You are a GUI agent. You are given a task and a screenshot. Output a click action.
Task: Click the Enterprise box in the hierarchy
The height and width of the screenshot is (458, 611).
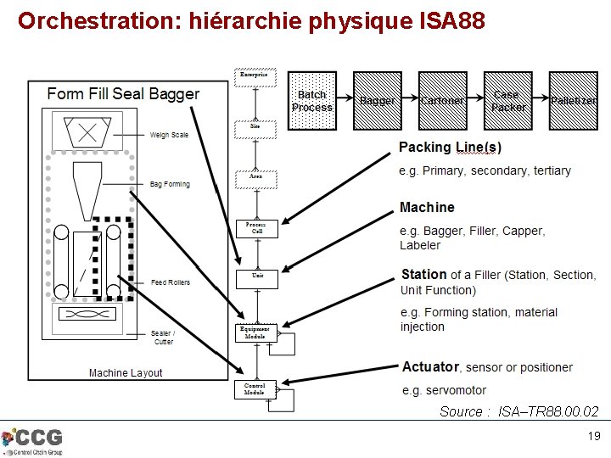click(x=254, y=76)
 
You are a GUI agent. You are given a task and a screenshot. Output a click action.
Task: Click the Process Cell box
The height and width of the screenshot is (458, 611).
click(x=255, y=229)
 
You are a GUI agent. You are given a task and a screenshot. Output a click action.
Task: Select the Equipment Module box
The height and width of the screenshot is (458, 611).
click(x=255, y=332)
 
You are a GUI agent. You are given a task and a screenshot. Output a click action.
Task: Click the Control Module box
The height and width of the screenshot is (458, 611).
click(x=255, y=388)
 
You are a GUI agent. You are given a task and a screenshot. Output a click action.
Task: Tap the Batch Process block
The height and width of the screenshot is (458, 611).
click(x=312, y=101)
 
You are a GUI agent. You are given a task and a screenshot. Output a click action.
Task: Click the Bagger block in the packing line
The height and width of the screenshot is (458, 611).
click(x=378, y=101)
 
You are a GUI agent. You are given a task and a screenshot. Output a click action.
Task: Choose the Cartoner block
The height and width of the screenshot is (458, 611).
click(x=442, y=101)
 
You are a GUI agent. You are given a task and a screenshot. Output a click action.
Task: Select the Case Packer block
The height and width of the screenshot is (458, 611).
click(x=507, y=101)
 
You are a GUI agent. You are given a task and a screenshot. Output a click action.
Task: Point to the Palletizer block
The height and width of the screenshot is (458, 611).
click(x=575, y=101)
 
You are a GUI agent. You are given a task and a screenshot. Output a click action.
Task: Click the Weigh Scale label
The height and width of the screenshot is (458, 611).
click(x=169, y=135)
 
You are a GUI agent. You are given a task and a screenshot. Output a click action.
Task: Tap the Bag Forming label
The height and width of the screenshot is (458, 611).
click(x=170, y=184)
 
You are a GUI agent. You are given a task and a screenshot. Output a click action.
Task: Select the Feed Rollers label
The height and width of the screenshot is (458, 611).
click(x=170, y=282)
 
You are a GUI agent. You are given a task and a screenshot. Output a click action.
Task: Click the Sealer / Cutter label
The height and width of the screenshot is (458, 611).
click(x=162, y=338)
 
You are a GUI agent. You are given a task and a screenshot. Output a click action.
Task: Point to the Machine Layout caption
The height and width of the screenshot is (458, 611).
click(x=126, y=373)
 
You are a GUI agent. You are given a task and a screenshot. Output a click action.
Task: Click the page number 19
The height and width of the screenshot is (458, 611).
click(x=594, y=436)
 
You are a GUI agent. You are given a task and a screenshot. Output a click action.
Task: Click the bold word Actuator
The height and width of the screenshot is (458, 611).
click(x=429, y=367)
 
